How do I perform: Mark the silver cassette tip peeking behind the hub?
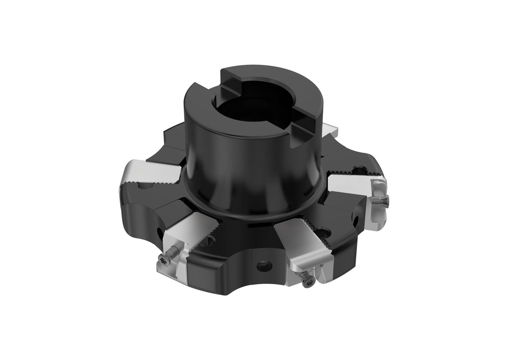click(x=329, y=130)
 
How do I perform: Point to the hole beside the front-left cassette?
click(x=208, y=242)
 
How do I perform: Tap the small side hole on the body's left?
click(x=158, y=232)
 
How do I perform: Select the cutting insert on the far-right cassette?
click(x=378, y=203)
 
